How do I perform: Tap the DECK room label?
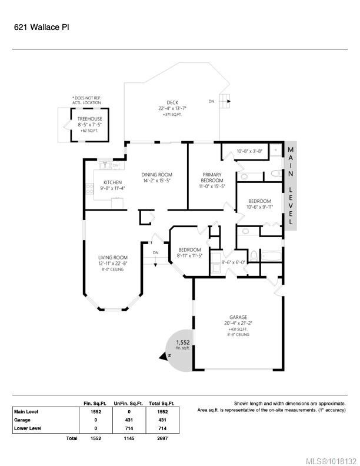coord(172,102)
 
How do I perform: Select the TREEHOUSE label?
coord(90,119)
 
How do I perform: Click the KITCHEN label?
coord(112,183)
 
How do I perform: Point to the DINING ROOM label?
coord(156,174)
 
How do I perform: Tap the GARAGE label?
coord(239,317)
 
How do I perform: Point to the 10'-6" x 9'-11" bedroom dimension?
coord(259,207)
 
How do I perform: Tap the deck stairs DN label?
coord(212,101)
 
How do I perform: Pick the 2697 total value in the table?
coord(162,438)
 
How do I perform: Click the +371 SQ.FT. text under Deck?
coord(172,114)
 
